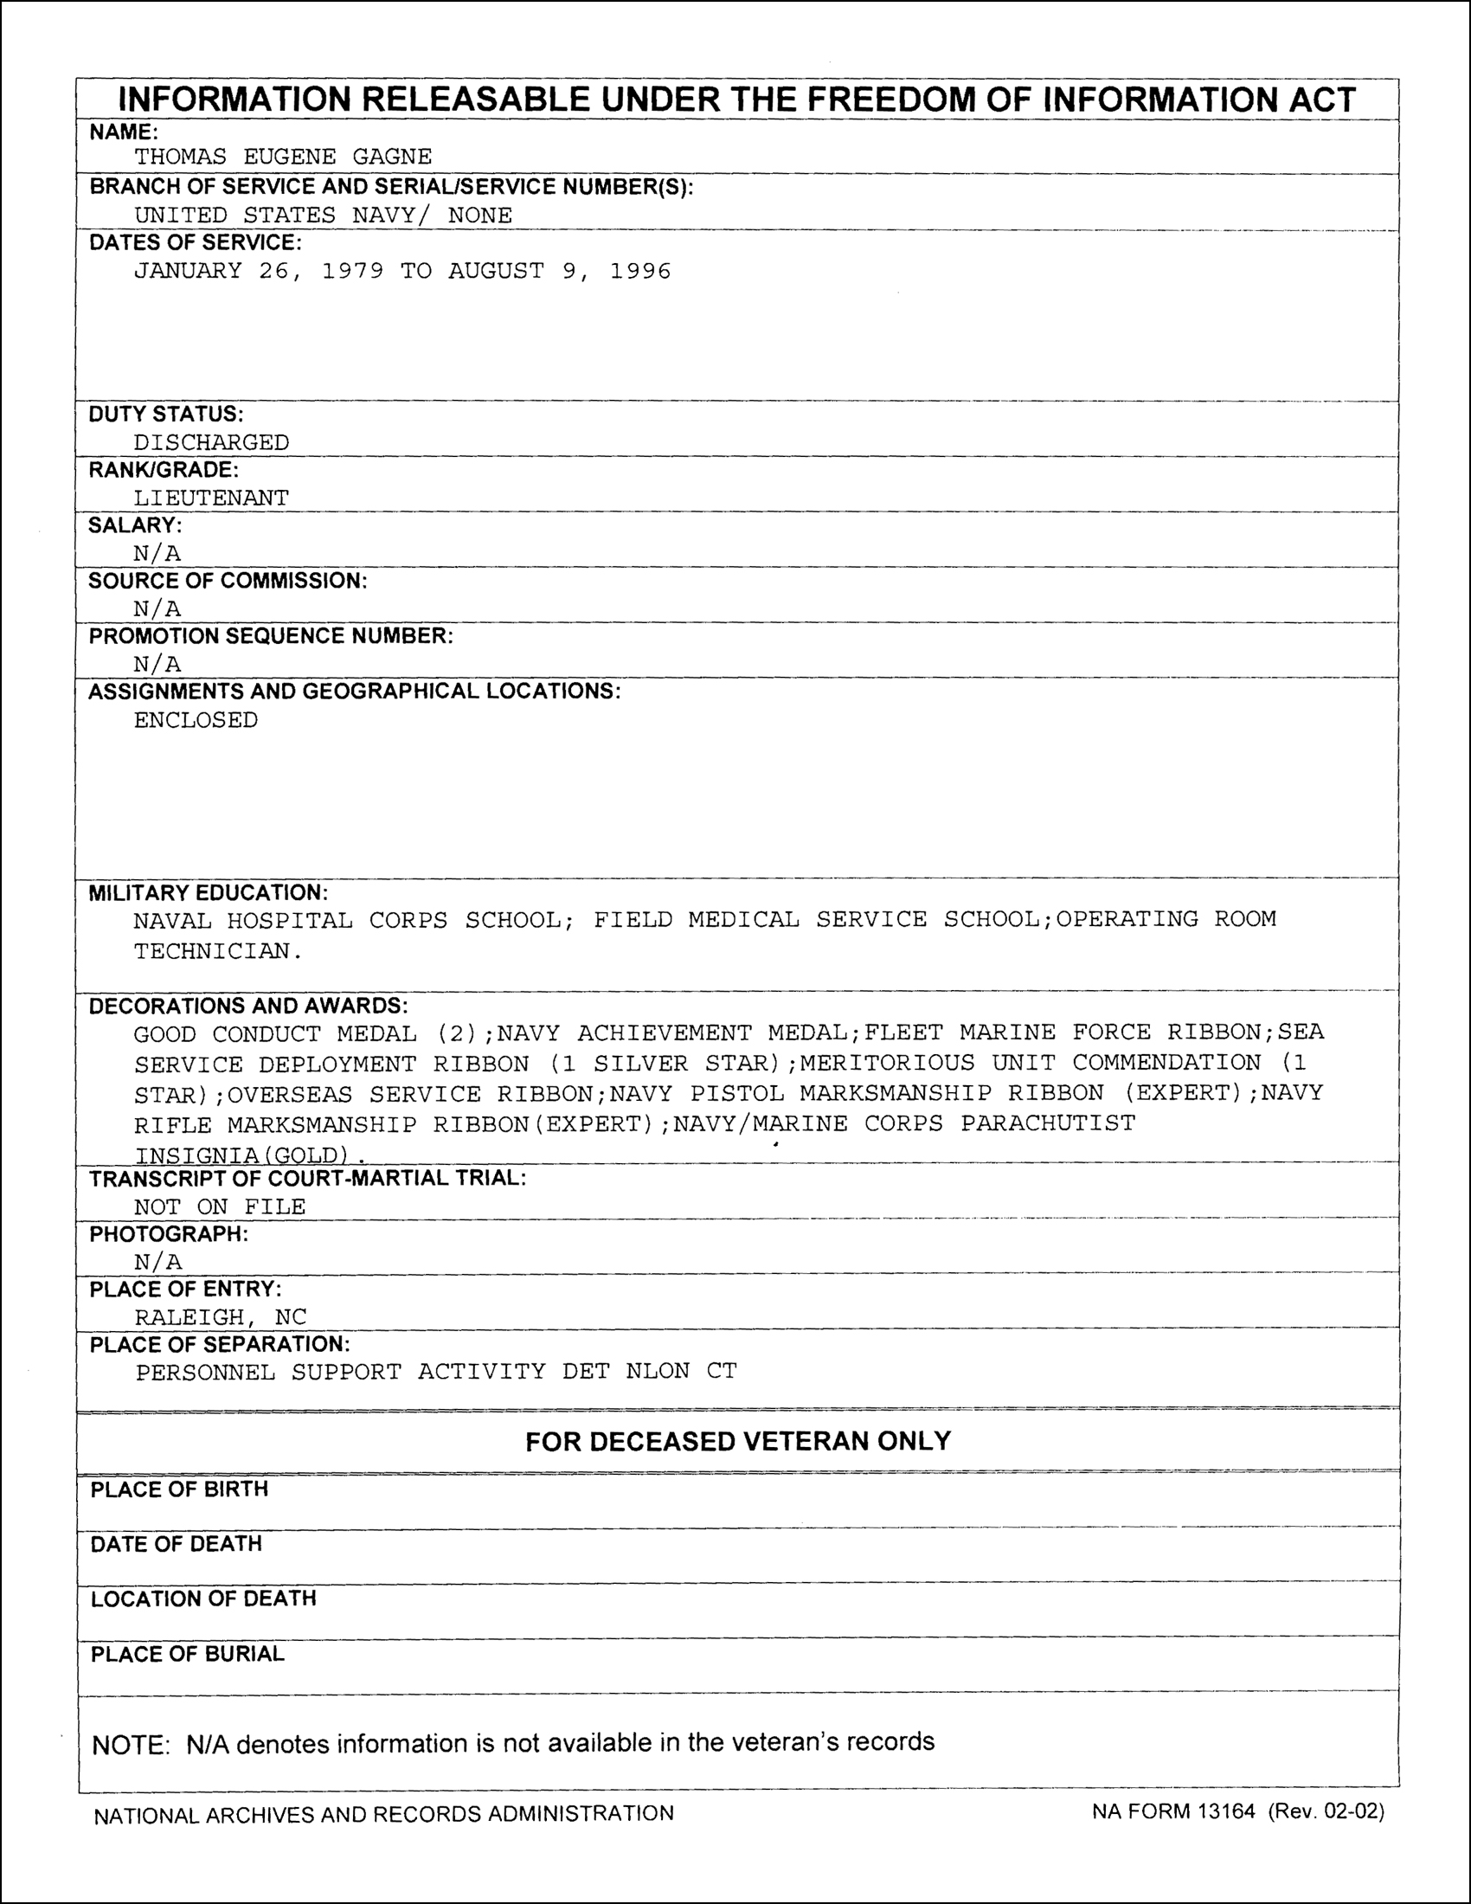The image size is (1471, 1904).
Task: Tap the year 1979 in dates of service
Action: click(352, 271)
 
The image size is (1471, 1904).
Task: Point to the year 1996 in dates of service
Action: click(639, 271)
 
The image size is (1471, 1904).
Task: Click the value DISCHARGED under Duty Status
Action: click(211, 443)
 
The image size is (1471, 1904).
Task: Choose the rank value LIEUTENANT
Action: click(211, 498)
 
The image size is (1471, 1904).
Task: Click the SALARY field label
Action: click(135, 524)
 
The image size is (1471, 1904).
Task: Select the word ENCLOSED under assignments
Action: click(196, 720)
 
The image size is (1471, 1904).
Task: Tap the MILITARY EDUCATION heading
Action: click(209, 893)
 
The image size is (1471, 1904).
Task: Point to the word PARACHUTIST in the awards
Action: click(1048, 1122)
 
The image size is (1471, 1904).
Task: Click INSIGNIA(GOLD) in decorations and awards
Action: click(241, 1155)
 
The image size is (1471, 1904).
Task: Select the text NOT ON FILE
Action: click(220, 1206)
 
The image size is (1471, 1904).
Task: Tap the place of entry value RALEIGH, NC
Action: click(221, 1316)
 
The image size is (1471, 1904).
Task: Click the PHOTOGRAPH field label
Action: click(168, 1233)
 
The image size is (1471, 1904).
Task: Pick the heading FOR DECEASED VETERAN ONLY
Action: click(737, 1441)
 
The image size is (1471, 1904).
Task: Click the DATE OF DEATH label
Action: click(176, 1544)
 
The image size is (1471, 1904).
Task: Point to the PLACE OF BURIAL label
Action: click(188, 1654)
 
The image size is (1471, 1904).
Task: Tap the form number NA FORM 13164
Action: click(1173, 1811)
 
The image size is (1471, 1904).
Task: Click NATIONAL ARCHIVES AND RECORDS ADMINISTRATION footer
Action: click(383, 1814)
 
